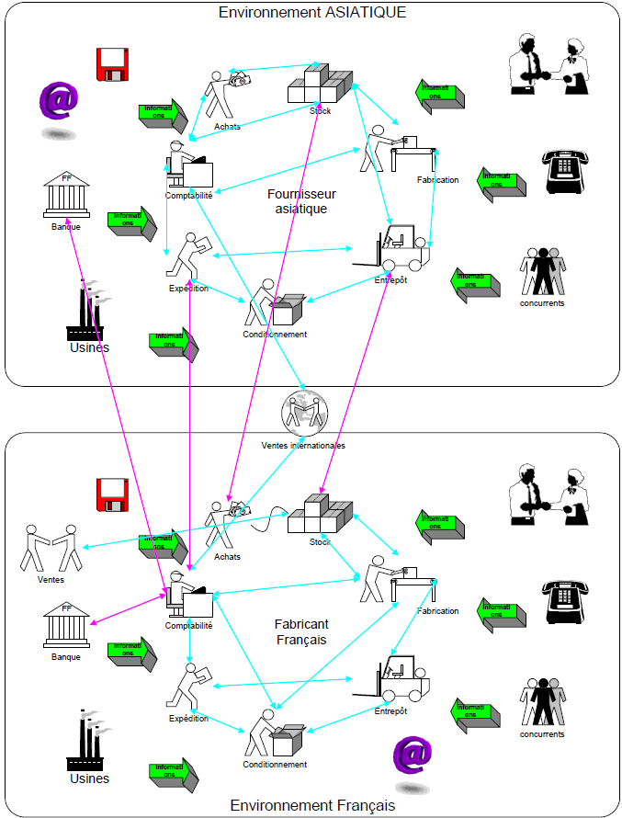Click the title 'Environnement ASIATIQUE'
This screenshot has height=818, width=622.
pos(311,12)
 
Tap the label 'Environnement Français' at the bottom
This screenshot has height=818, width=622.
pos(312,805)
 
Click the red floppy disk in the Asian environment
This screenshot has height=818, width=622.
pos(112,63)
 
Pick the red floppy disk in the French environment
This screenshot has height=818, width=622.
pos(112,494)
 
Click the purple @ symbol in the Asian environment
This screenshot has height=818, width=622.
pos(58,101)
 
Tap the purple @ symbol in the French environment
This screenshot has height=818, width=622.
pos(413,756)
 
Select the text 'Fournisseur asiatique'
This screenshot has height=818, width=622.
pos(301,201)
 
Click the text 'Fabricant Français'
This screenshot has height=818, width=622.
pos(301,632)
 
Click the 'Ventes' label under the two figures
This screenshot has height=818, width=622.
pos(51,580)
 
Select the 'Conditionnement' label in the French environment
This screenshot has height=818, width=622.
pos(275,765)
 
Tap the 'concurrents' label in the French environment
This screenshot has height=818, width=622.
pos(542,734)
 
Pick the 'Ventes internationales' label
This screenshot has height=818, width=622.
pos(303,446)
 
